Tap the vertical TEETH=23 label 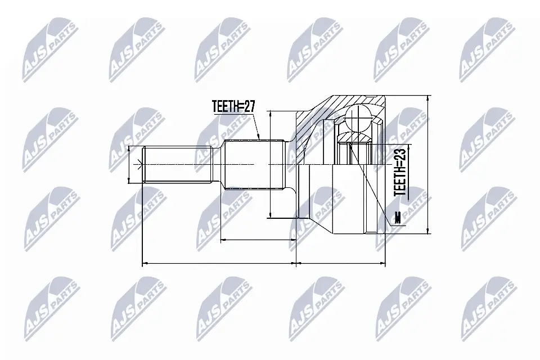point(400,172)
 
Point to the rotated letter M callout point(398,218)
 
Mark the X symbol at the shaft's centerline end point(139,164)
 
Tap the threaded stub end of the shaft point(177,164)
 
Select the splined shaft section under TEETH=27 point(253,164)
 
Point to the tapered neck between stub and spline point(218,164)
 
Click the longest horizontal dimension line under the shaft point(219,263)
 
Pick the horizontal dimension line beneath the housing point(340,263)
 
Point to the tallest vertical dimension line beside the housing point(429,163)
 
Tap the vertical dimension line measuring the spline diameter point(271,163)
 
